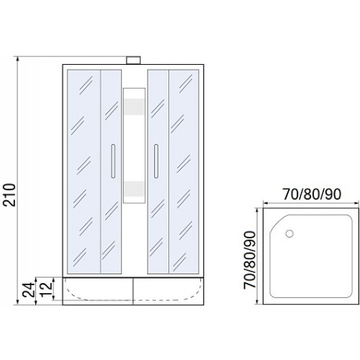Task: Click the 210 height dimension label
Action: click(9, 195)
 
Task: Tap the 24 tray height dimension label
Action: click(29, 289)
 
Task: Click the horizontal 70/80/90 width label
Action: click(312, 194)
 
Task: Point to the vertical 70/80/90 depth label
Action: click(250, 260)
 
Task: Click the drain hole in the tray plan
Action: click(289, 233)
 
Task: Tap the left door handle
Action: click(113, 161)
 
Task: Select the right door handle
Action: click(156, 161)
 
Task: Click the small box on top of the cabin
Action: click(133, 60)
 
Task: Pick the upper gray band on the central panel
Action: click(134, 107)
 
